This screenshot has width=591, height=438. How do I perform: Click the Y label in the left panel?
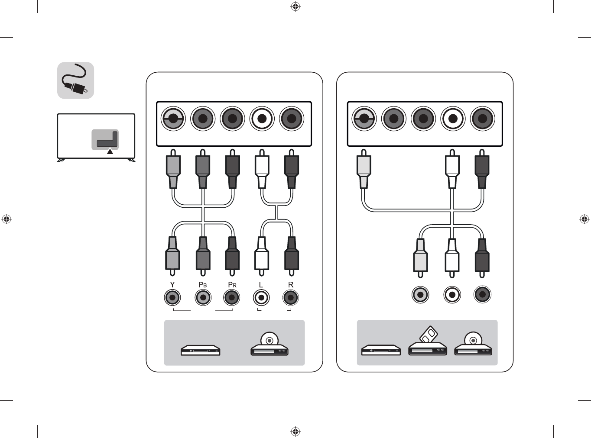pyautogui.click(x=172, y=285)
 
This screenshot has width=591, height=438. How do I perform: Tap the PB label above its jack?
pyautogui.click(x=203, y=285)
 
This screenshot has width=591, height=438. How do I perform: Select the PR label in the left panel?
pyautogui.click(x=232, y=285)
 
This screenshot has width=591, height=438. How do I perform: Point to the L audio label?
pyautogui.click(x=261, y=285)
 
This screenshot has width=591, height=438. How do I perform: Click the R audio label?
pyautogui.click(x=291, y=285)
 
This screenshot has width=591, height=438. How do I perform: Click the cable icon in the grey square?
pyautogui.click(x=75, y=81)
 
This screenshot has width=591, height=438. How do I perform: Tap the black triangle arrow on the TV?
pyautogui.click(x=110, y=151)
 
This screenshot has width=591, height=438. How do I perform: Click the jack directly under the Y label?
pyautogui.click(x=172, y=297)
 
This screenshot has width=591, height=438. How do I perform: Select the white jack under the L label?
pyautogui.click(x=261, y=297)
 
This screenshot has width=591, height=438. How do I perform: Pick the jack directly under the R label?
pyautogui.click(x=291, y=297)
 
